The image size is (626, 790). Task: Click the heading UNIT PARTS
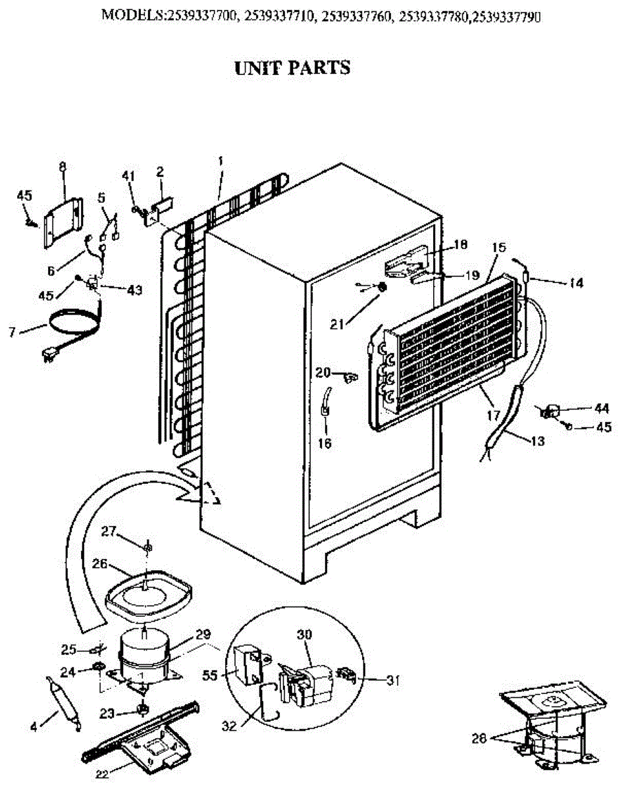pyautogui.click(x=292, y=67)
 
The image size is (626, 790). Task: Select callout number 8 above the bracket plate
pyautogui.click(x=63, y=167)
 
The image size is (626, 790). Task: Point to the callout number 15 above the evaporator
pyautogui.click(x=498, y=248)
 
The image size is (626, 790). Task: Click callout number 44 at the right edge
pyautogui.click(x=602, y=408)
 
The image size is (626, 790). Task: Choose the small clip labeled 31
pyautogui.click(x=345, y=673)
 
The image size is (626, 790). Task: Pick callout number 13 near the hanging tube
pyautogui.click(x=536, y=441)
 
